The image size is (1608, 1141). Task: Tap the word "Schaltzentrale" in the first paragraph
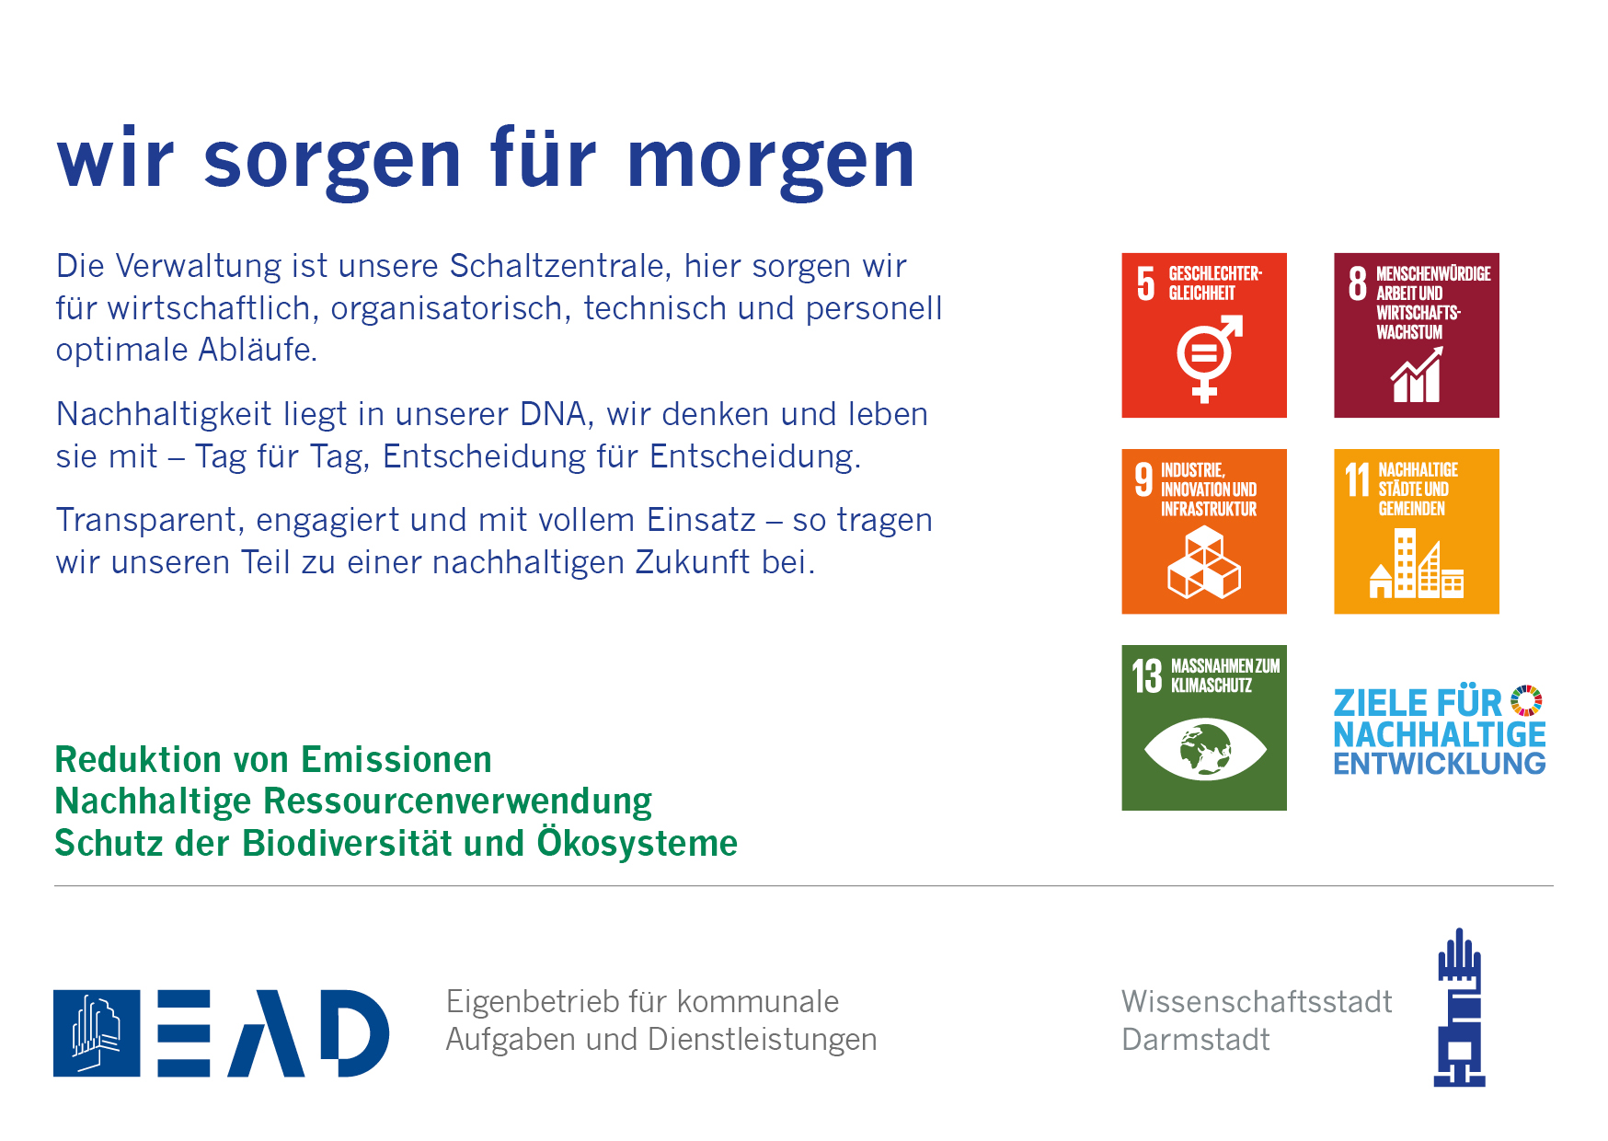[557, 266]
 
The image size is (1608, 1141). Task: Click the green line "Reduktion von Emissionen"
[273, 760]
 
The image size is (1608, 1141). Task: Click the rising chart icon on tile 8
[1417, 375]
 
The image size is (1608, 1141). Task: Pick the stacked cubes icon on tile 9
[1204, 561]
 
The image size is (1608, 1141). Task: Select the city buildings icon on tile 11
[1417, 563]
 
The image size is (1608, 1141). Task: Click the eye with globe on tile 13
[1205, 749]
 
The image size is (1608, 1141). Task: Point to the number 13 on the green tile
[1147, 676]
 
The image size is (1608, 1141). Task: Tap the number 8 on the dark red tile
[1358, 283]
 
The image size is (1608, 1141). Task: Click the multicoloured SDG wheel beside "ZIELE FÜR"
[1527, 700]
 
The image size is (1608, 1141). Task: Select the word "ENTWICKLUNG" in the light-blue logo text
[1440, 764]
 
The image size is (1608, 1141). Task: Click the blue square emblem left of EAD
[97, 1033]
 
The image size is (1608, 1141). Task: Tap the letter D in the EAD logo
[355, 1033]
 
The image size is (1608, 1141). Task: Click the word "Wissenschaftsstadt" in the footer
[1257, 1001]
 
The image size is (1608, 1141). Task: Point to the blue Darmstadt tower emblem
[1460, 1008]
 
